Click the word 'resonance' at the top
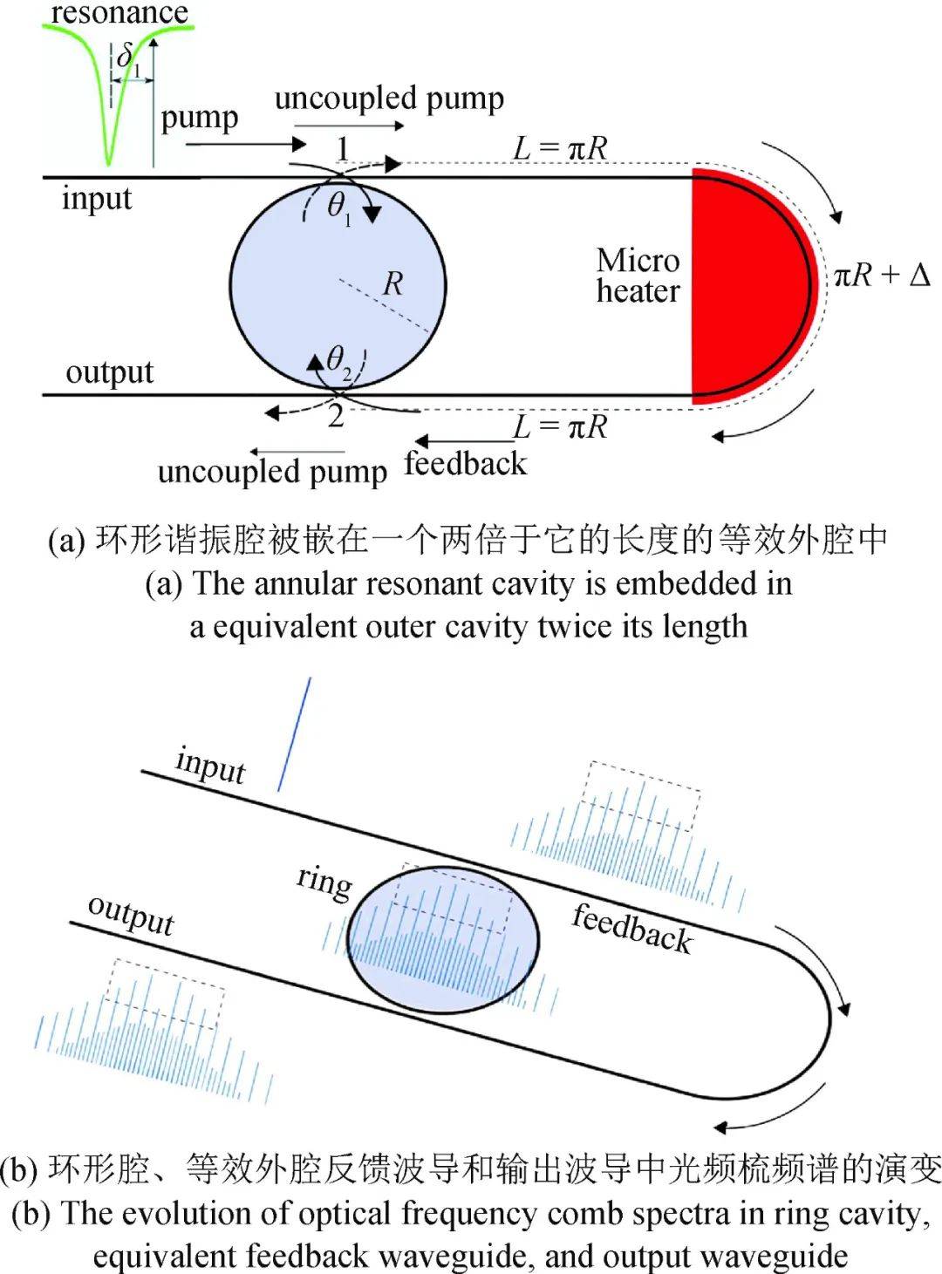(x=119, y=12)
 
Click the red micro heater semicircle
(x=733, y=288)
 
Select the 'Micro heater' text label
(x=638, y=276)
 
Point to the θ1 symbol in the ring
(x=338, y=207)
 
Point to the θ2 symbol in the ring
(x=338, y=359)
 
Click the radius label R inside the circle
(x=393, y=283)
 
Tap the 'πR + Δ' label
(x=881, y=276)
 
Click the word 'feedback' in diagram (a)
(x=466, y=464)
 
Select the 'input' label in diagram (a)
(x=96, y=199)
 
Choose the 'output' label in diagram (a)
(x=109, y=372)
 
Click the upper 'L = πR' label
(x=559, y=147)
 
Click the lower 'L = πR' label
(x=559, y=426)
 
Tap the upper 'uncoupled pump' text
(x=389, y=99)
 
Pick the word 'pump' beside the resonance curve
(x=199, y=118)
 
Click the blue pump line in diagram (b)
(x=294, y=734)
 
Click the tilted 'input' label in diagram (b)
(x=210, y=766)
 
